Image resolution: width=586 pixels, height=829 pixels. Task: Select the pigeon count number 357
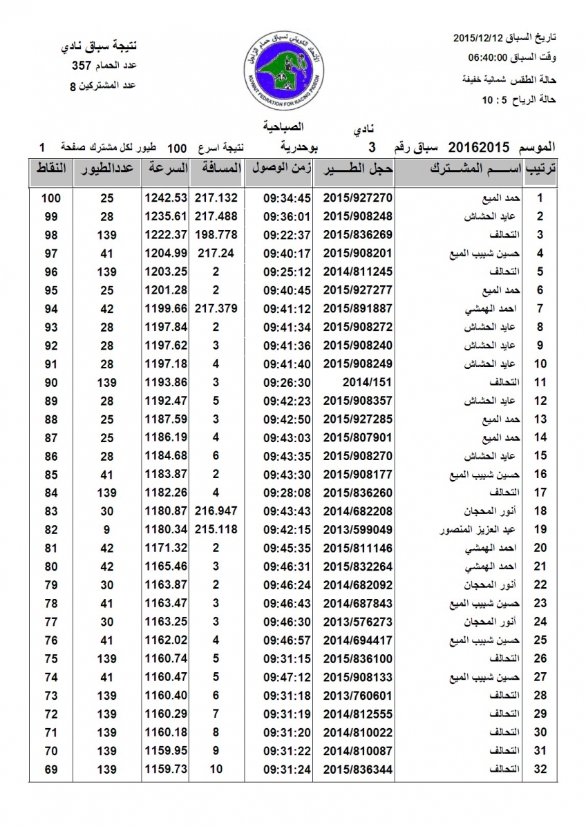(x=83, y=66)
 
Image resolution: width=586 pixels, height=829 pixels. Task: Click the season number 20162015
(x=479, y=147)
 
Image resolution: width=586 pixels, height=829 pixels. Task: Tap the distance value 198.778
(x=216, y=234)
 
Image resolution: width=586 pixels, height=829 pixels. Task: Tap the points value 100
(x=51, y=198)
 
